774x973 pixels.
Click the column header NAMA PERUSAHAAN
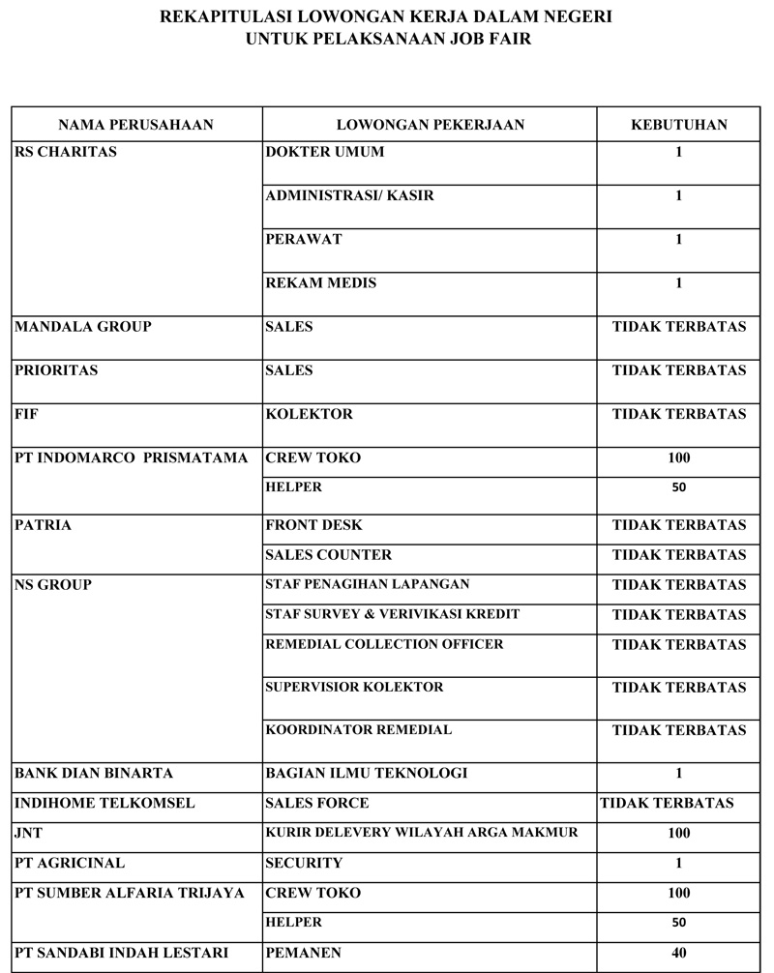coord(135,125)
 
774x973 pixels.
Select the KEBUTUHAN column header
coord(679,125)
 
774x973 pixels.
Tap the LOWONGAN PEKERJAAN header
coord(430,125)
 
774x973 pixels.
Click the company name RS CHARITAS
coord(66,152)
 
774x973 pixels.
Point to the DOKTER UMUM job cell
coord(324,152)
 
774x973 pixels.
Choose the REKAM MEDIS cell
coord(320,283)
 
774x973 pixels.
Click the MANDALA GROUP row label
coord(83,327)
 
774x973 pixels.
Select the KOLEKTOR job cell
coord(309,414)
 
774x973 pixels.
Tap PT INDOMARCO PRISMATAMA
coord(132,457)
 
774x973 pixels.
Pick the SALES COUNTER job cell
coord(329,555)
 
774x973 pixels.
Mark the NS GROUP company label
coord(53,585)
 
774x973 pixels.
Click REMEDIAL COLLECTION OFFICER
coord(384,644)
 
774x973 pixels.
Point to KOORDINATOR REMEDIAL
coord(358,730)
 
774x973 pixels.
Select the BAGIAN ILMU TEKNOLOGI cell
coord(366,773)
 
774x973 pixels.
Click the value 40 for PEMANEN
coord(679,954)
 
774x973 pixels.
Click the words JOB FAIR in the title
coord(492,41)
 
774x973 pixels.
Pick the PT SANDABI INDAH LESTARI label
coord(122,954)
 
